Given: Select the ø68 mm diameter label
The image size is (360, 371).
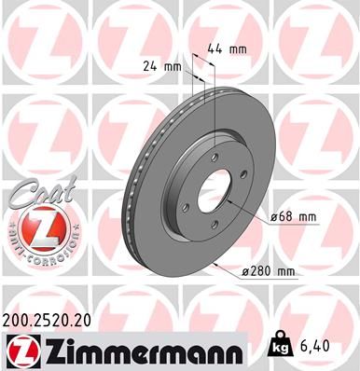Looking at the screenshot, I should (x=291, y=216).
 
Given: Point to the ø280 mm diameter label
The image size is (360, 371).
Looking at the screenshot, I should (x=268, y=271).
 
